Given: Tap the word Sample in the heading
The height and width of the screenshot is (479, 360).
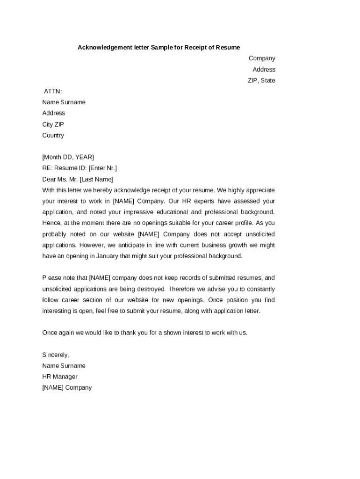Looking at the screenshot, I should (x=162, y=47).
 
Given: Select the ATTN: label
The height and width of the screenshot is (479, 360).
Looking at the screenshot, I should (x=53, y=91).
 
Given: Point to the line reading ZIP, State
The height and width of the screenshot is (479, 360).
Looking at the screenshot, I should (x=261, y=80).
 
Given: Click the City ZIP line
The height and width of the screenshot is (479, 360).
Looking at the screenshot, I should (x=53, y=124).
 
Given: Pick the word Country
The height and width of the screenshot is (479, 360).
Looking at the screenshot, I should (x=53, y=136).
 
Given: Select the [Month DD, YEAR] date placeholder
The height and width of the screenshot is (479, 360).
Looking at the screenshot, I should (x=68, y=157).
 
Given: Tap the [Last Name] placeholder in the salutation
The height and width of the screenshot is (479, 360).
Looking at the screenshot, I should (x=97, y=179).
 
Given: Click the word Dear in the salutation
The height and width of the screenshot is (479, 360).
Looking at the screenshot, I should (x=49, y=179).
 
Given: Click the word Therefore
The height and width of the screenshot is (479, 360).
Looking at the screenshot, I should (x=183, y=289).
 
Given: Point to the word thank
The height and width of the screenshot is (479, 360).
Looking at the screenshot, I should (x=130, y=333).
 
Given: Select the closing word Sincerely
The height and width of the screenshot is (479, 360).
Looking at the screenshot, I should (x=56, y=355).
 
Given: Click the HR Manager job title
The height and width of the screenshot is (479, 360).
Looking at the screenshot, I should (x=60, y=377).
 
